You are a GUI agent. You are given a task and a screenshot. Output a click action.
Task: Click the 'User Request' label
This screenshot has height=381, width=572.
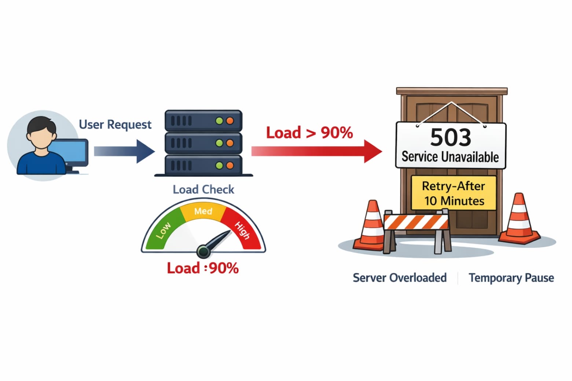click(115, 125)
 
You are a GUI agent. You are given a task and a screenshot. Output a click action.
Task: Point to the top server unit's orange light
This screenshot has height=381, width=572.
click(230, 121)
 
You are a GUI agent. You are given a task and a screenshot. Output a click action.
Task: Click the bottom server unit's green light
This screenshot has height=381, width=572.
click(219, 166)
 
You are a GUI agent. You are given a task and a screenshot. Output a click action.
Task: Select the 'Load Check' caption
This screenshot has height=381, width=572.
click(203, 189)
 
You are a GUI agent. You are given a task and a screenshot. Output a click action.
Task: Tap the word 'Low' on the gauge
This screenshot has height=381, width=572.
click(163, 230)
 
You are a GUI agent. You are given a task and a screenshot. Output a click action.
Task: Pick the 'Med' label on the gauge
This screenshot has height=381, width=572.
click(203, 211)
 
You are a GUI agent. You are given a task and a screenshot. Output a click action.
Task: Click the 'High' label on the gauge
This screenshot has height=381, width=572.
click(242, 230)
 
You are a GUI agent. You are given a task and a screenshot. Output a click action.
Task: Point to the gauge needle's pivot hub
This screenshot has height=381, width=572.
click(203, 251)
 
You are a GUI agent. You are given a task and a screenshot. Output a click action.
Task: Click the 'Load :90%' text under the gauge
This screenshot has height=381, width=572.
click(203, 268)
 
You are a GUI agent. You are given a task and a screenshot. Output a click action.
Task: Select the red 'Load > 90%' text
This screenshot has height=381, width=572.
click(309, 133)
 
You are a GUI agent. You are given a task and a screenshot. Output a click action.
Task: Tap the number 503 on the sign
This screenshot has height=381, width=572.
click(451, 137)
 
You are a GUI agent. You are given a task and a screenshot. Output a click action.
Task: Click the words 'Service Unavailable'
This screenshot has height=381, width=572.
click(450, 157)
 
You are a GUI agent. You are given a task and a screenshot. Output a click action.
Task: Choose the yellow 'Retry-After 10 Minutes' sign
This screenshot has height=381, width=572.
click(454, 193)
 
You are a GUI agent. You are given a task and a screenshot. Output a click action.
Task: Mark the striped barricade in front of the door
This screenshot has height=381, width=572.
click(416, 222)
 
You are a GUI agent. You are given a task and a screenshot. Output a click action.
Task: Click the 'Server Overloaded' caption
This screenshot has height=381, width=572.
click(400, 278)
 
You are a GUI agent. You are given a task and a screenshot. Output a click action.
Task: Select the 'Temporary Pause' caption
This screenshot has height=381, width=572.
click(511, 278)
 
